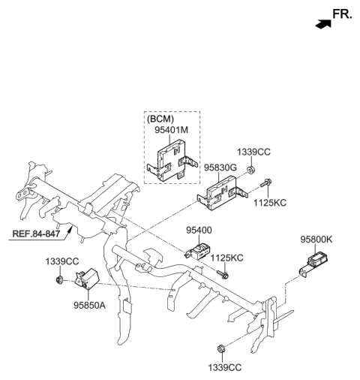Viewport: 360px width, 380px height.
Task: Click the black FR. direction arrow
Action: [x=323, y=24]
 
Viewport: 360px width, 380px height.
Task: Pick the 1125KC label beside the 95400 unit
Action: [x=226, y=258]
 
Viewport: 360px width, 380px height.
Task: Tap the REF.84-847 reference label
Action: [x=36, y=234]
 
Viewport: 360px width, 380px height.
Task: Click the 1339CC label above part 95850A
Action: [x=60, y=261]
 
